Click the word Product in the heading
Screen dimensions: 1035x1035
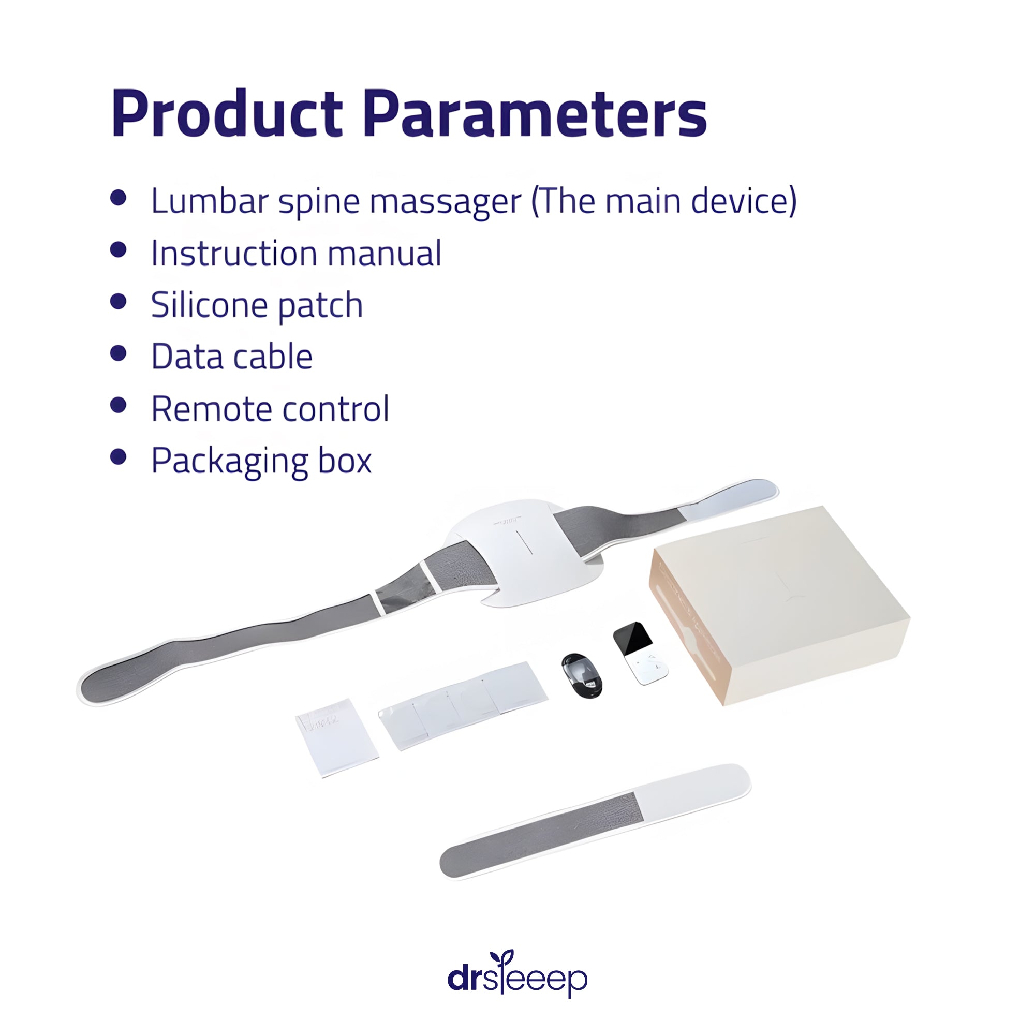227,113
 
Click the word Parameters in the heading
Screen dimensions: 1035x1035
535,113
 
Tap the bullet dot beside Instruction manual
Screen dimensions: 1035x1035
119,249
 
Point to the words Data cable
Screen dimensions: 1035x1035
232,356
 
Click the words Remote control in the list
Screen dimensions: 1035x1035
270,409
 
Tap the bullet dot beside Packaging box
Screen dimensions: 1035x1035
119,457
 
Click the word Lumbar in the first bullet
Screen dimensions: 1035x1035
210,201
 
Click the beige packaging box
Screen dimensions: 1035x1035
779,605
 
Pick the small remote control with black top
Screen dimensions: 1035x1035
640,653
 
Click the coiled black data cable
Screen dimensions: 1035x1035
582,675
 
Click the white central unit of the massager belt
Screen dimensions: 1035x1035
528,552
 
